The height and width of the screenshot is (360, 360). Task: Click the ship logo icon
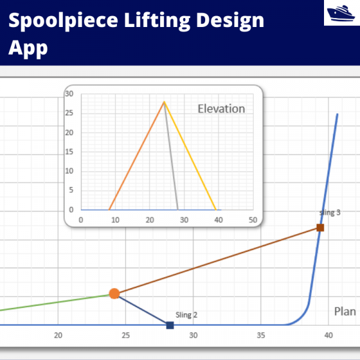(341, 13)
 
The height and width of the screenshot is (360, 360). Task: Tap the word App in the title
(28, 47)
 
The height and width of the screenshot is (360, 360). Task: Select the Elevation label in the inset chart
(221, 109)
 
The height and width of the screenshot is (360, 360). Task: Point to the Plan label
(344, 311)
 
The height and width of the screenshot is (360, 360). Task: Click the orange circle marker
(114, 293)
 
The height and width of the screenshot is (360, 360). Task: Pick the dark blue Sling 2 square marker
(170, 325)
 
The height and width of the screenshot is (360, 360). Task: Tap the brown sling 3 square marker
(320, 227)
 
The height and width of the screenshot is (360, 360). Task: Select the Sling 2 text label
(187, 314)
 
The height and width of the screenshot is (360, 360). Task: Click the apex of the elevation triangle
(164, 101)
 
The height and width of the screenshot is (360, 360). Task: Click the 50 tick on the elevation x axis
(253, 220)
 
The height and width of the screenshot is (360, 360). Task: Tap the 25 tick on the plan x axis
(126, 336)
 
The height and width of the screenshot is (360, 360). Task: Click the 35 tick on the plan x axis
(261, 336)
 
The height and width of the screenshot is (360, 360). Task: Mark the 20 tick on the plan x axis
(58, 336)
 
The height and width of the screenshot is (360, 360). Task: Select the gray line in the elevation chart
(171, 156)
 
